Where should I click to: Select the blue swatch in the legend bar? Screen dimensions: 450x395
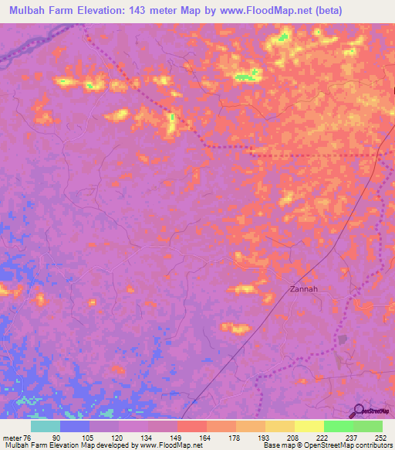coord(74,427)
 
